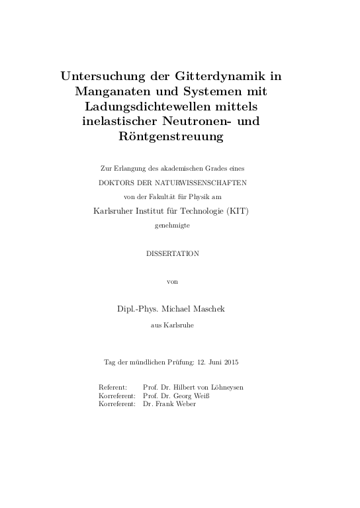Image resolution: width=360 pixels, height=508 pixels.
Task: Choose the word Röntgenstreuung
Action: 179,138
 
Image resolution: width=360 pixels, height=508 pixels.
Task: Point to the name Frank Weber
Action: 175,403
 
